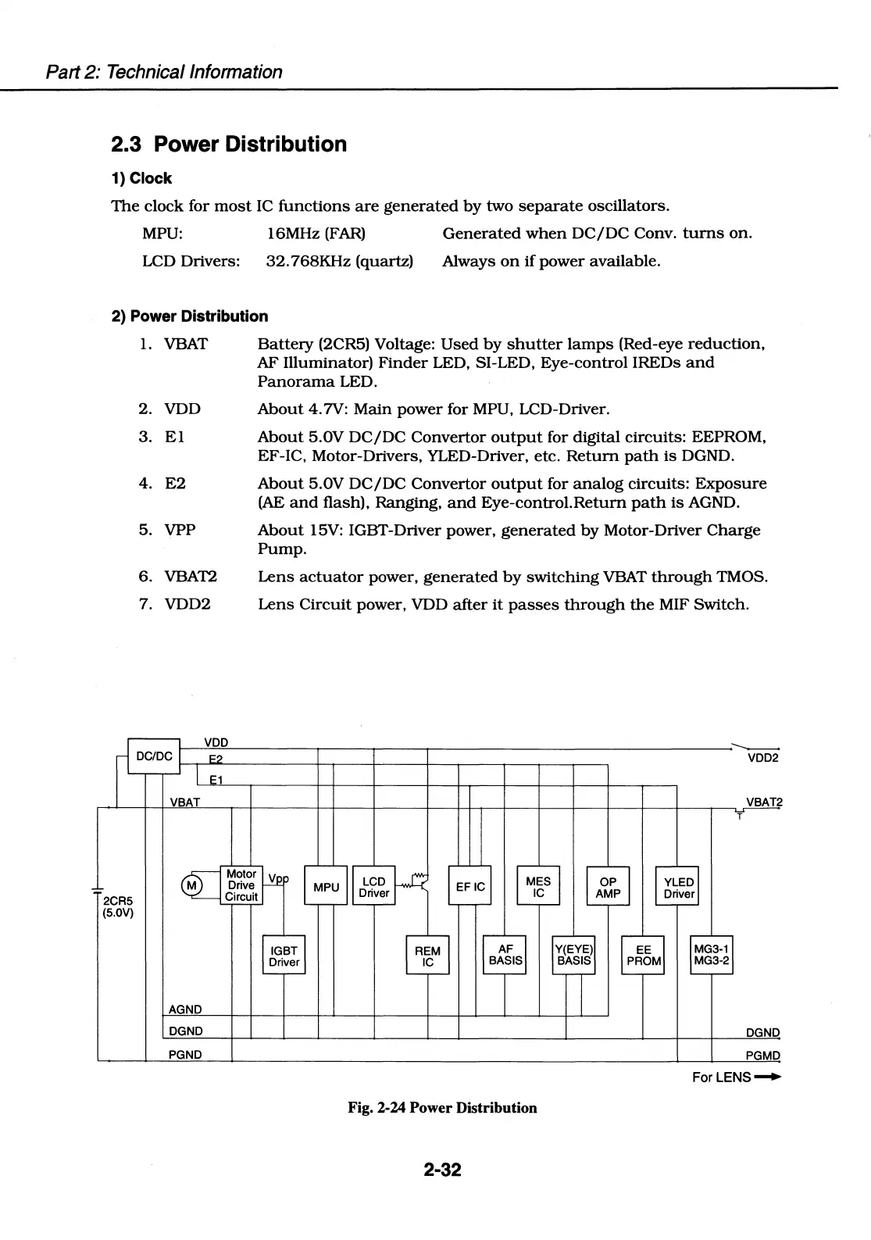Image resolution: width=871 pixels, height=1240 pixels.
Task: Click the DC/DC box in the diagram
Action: (154, 756)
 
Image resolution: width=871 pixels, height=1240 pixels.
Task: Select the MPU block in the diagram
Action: (326, 886)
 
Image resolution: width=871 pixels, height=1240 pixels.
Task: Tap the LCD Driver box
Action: (374, 886)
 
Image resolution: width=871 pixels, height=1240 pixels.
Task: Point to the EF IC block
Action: (469, 886)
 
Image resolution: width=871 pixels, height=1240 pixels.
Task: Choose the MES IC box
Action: (538, 886)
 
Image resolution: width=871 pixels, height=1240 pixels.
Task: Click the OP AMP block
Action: (608, 886)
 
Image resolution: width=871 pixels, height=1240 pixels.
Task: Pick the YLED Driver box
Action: (677, 886)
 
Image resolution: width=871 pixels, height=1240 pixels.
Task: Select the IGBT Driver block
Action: (284, 955)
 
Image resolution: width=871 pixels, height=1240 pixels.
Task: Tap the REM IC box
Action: (427, 955)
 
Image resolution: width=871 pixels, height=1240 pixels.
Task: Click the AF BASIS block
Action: (505, 955)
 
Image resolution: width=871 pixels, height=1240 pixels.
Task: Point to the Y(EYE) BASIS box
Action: (573, 955)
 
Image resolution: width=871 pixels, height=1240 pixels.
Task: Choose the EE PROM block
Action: (643, 955)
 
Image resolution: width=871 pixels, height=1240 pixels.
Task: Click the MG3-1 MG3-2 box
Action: (712, 955)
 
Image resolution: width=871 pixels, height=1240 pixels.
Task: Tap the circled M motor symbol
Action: (191, 884)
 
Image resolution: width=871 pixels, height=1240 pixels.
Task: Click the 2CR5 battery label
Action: (116, 899)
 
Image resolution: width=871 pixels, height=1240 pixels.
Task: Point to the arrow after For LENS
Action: (769, 1077)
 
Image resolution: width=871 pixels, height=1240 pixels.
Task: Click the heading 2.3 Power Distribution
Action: (228, 145)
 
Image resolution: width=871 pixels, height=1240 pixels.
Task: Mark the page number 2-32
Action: (443, 1170)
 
